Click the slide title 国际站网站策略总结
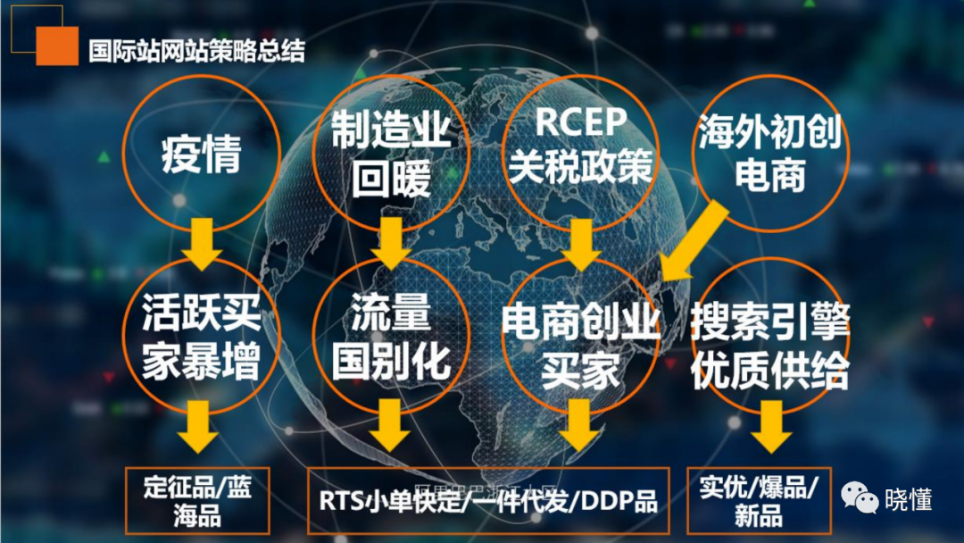click(196, 50)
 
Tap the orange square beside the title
click(57, 45)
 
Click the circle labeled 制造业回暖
click(390, 154)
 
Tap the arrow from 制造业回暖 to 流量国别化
click(390, 241)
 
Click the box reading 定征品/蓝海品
click(197, 501)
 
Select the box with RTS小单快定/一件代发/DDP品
click(488, 501)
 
